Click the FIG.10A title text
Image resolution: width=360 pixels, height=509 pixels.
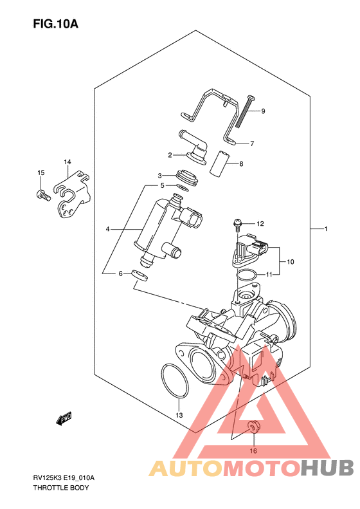(x=55, y=24)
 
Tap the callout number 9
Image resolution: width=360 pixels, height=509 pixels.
(x=263, y=111)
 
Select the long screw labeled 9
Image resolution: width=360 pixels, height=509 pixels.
(x=246, y=112)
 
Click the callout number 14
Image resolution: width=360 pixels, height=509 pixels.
(x=67, y=162)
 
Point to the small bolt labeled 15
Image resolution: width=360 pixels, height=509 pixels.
(x=43, y=195)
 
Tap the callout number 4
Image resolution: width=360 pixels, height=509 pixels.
(x=107, y=230)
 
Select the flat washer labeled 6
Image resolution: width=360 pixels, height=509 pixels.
(x=139, y=275)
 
